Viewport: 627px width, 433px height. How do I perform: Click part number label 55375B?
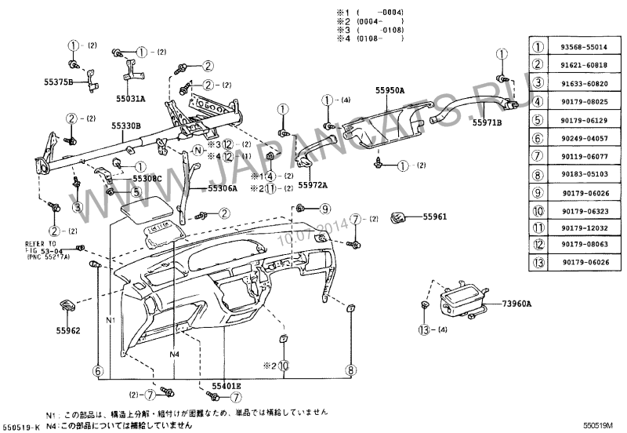click(x=58, y=82)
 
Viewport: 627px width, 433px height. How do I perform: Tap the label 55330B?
click(x=125, y=126)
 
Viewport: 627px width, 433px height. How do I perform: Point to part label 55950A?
click(x=390, y=92)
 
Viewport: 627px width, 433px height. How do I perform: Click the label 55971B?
click(x=487, y=122)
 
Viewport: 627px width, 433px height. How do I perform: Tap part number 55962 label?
click(x=67, y=331)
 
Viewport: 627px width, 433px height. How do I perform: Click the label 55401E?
click(x=226, y=386)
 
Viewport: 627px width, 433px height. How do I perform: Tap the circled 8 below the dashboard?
click(x=351, y=369)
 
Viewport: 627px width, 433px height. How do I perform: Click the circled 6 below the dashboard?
click(x=98, y=370)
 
